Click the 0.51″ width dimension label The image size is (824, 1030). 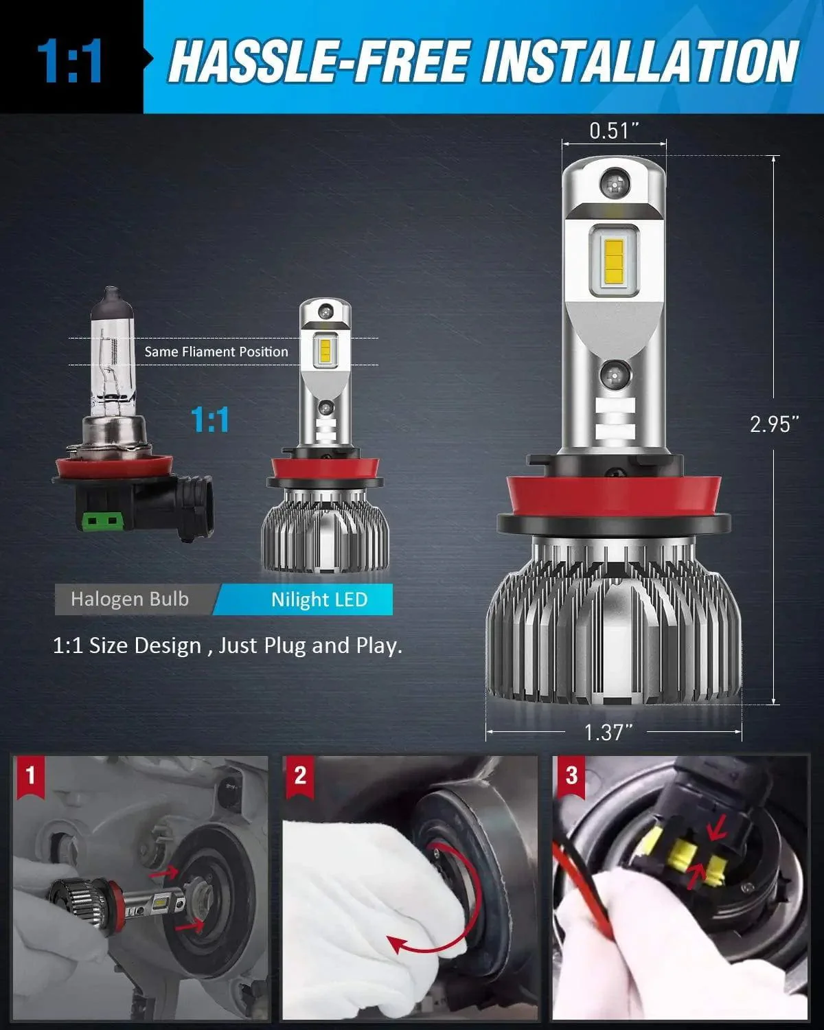pos(614,130)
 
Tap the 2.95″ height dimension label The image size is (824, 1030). pos(774,424)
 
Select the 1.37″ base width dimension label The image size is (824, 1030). pos(607,732)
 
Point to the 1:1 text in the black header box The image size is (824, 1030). pos(70,62)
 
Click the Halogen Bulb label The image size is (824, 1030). pos(130,599)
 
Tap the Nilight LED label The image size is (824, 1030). pos(319,599)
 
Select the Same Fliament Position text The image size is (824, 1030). pos(216,352)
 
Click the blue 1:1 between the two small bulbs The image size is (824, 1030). pos(210,420)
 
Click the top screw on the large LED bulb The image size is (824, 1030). pos(613,182)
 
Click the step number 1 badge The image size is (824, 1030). pos(30,776)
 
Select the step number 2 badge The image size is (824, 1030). pos(300,776)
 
